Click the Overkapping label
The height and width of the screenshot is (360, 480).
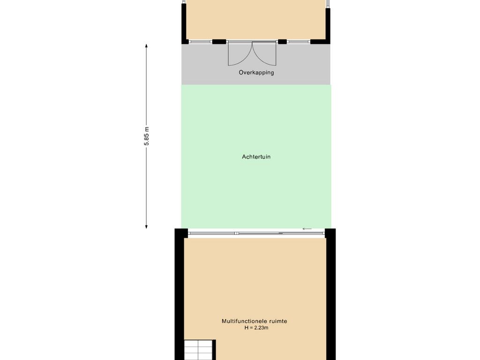click(x=256, y=73)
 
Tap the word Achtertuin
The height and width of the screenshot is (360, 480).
click(x=256, y=157)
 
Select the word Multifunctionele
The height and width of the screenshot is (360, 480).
click(x=241, y=321)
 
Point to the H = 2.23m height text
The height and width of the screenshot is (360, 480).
click(x=256, y=328)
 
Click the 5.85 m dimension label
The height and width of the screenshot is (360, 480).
click(x=146, y=136)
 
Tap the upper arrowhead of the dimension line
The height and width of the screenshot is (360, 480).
click(x=146, y=46)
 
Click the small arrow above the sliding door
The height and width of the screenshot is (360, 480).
click(x=307, y=229)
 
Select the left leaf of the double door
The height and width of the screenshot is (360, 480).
click(x=239, y=54)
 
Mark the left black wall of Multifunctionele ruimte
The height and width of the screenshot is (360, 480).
click(x=179, y=295)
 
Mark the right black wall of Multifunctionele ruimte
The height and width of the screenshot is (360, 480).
click(x=330, y=295)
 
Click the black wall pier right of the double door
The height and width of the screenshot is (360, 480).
click(x=282, y=42)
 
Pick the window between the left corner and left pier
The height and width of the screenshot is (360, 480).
click(x=200, y=42)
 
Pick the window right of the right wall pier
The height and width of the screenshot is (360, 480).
click(x=299, y=42)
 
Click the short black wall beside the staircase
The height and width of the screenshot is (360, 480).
click(x=214, y=350)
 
